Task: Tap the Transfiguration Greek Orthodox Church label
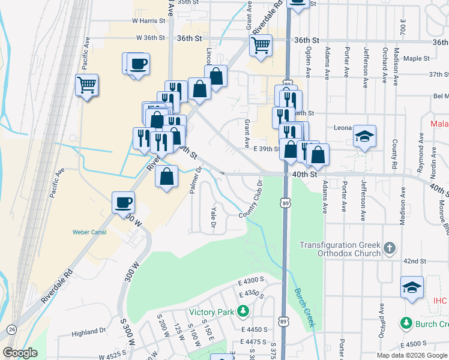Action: pos(340,249)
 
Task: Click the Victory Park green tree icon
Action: pos(243,311)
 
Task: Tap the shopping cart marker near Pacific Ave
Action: pos(87,85)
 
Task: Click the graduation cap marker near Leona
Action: pos(364,136)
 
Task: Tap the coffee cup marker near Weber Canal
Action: pos(124,202)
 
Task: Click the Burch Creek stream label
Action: pos(304,308)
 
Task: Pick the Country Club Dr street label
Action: pos(252,200)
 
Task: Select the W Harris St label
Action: pos(148,20)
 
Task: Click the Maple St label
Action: pos(417,59)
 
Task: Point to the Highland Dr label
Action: pos(88,332)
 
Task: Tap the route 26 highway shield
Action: pos(12,329)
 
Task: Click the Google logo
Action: pos(20,353)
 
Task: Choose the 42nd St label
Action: pos(414,261)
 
